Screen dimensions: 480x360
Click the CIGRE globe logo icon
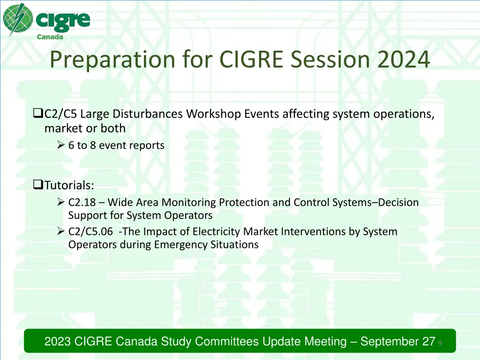(18, 19)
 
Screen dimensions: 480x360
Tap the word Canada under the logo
(50, 37)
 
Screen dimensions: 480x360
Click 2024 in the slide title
(404, 60)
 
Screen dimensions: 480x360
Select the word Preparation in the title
(112, 60)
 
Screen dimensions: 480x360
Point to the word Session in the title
(330, 60)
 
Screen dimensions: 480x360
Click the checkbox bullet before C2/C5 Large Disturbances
(37, 113)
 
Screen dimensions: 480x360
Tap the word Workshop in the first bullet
(214, 114)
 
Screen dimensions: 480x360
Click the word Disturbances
(148, 114)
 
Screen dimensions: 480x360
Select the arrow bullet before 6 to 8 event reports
(60, 144)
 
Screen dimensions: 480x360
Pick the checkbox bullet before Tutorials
(37, 185)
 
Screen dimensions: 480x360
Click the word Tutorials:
(69, 185)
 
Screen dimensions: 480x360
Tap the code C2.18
(82, 202)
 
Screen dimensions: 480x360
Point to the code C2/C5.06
(90, 232)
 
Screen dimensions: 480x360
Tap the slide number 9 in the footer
(440, 344)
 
